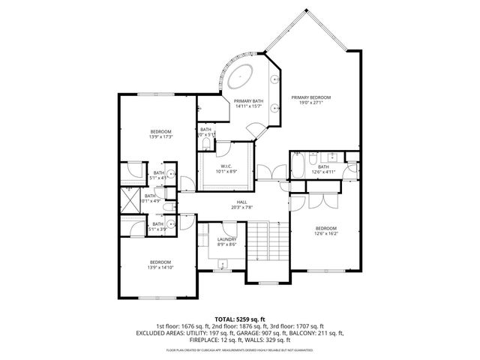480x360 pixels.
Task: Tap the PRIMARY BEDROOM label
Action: (311, 97)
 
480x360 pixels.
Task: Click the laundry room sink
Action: (223, 263)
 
